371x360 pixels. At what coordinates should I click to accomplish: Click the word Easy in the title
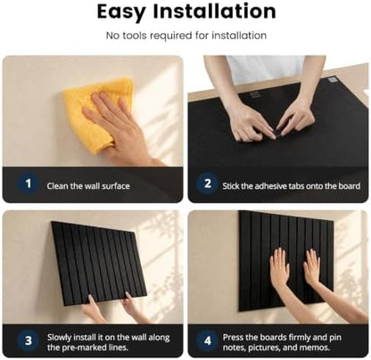[121, 12]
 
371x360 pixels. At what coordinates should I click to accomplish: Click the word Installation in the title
[215, 12]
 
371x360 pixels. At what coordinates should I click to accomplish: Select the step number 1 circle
[29, 184]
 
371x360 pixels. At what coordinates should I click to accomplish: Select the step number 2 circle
[208, 184]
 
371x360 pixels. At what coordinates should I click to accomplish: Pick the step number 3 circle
[29, 340]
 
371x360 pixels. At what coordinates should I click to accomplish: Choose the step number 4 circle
[208, 340]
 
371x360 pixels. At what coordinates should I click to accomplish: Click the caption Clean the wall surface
[88, 186]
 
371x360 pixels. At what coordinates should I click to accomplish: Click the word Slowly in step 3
[59, 338]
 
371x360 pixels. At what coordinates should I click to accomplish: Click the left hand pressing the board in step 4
[279, 267]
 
